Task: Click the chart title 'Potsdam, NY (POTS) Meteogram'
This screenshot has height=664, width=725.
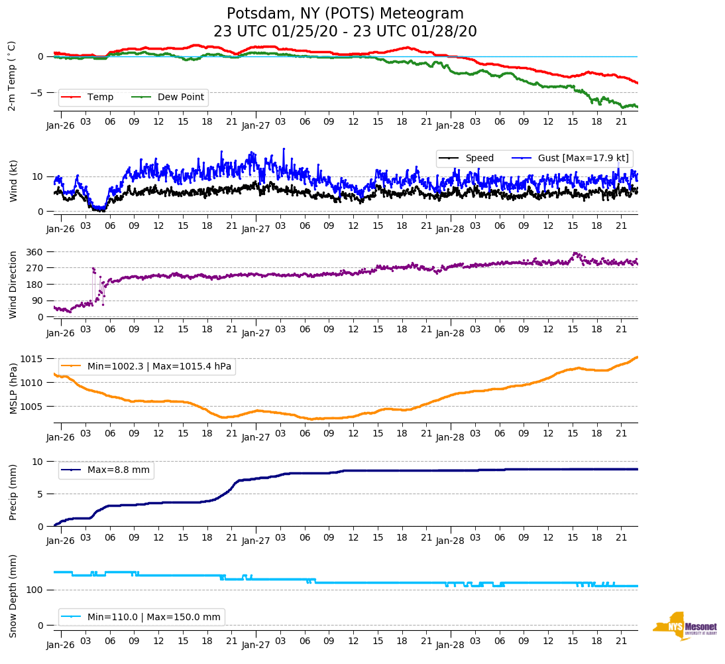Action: tap(345, 14)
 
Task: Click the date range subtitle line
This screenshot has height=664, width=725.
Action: tap(345, 32)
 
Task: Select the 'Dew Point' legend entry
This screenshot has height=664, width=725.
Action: tap(181, 98)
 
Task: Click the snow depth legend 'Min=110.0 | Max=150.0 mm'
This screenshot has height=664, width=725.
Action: tap(154, 617)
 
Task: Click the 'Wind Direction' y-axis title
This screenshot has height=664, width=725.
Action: tap(13, 284)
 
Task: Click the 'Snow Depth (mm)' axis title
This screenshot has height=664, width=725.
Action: tap(13, 596)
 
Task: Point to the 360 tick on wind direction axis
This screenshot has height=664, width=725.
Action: tap(34, 252)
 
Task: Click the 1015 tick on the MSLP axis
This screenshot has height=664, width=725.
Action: tap(32, 360)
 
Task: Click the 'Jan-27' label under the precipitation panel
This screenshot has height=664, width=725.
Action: tap(255, 541)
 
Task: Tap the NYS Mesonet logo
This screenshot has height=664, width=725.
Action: tap(685, 626)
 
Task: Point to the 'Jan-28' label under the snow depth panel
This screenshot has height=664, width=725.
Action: tap(449, 645)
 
